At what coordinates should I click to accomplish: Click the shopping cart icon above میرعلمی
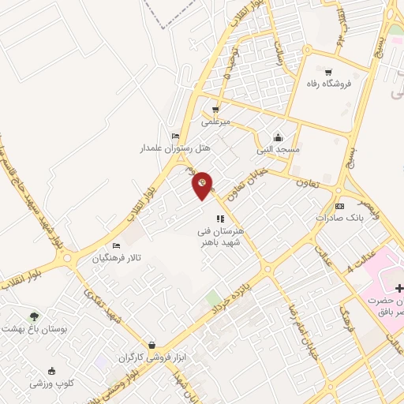[215, 110]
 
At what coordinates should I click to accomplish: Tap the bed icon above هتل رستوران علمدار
[175, 136]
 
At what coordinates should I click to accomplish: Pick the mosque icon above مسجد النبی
[277, 136]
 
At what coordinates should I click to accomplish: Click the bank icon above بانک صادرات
[340, 205]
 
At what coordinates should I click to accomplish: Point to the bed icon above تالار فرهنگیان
[117, 245]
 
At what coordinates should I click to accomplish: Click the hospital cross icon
[399, 289]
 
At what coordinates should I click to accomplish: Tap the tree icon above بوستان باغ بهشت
[34, 316]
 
